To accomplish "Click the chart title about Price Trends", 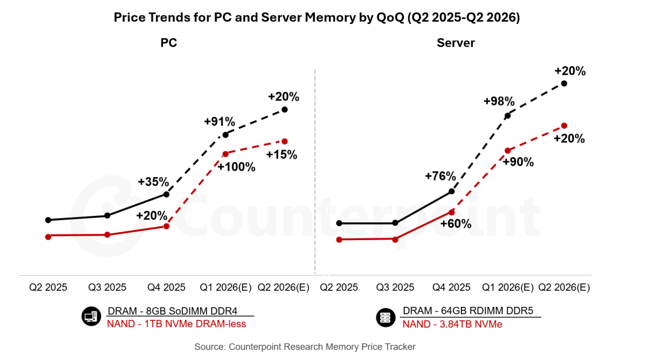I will point(316,18).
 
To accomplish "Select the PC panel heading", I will point(169,43).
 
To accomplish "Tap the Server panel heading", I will point(456,43).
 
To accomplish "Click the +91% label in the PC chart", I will point(220,122).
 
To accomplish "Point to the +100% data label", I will point(236,167).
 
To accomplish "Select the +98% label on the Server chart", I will point(499,101).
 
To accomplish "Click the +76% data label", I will point(440,176).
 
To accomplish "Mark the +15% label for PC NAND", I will point(282,155).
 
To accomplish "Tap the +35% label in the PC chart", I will point(153,182).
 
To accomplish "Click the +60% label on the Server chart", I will point(456,223).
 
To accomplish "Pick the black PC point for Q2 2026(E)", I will point(285,110).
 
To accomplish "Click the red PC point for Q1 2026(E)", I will point(225,154).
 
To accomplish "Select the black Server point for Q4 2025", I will point(452,191).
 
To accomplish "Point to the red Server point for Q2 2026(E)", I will point(564,126).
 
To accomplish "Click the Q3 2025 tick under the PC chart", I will point(107,287).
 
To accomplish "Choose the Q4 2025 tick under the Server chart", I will point(452,287).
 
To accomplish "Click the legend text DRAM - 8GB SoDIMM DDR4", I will point(180,311).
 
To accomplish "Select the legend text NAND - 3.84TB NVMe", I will point(452,324).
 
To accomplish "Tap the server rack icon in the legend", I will point(385,318).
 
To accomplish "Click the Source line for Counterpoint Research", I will point(305,347).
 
